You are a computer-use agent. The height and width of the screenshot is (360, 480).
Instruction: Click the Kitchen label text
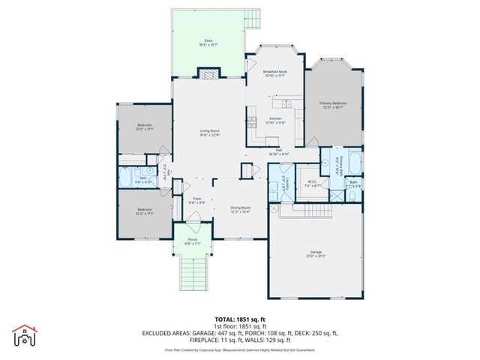tap(275, 119)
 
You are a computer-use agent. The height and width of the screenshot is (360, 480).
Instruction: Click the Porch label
tap(193, 241)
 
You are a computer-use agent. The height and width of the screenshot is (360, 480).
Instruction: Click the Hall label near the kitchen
tap(278, 150)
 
